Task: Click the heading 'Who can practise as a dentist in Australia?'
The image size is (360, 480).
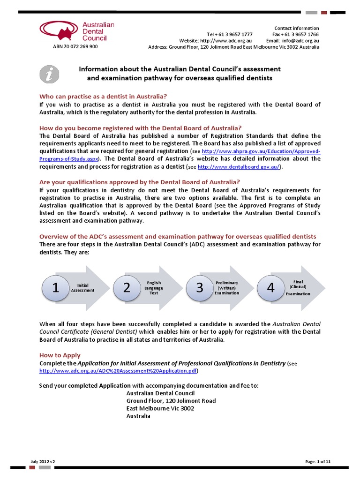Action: point(103,96)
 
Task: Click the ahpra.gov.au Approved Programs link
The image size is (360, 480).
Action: point(261,151)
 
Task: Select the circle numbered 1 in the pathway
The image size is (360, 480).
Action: point(55,288)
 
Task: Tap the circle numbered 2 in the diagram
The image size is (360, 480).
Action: point(127,288)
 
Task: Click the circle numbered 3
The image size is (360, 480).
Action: point(200,288)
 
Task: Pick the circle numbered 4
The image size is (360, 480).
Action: point(270,288)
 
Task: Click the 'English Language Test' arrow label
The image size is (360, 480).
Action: point(154,287)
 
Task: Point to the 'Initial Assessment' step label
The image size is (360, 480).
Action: point(82,288)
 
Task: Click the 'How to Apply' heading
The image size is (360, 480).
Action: point(60,355)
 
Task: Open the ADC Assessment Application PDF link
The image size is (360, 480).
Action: point(119,371)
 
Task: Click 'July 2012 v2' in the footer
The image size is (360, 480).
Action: point(42,462)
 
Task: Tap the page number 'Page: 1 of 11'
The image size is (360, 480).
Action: point(318,462)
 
